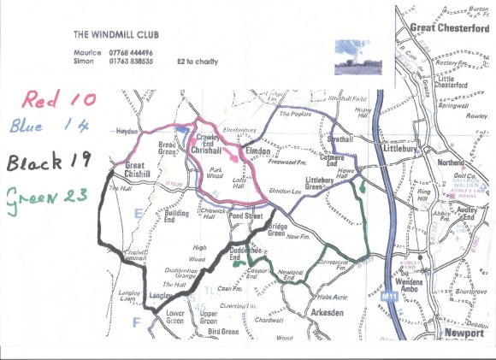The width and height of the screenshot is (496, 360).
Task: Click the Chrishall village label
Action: pos(207,150)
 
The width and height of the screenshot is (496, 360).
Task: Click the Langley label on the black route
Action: pos(161,296)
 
